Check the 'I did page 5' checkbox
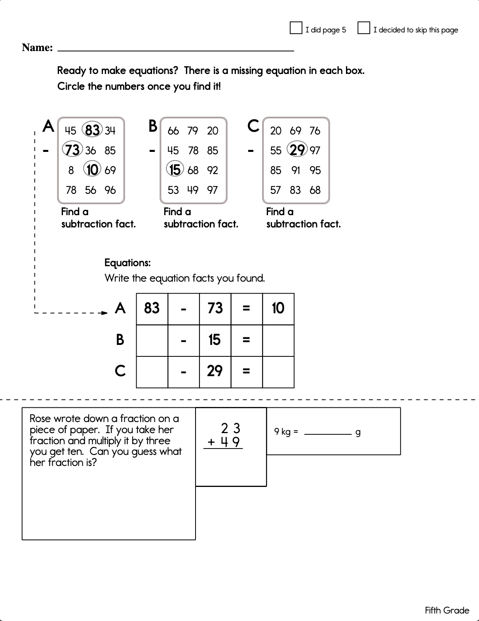[x=296, y=28]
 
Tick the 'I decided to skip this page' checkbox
[x=363, y=28]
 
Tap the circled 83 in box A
[x=92, y=130]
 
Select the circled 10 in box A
[x=92, y=170]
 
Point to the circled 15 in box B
[x=175, y=170]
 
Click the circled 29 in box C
[x=297, y=150]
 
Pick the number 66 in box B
[x=173, y=131]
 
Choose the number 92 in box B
[x=213, y=170]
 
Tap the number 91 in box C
[x=295, y=170]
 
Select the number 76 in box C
[x=315, y=131]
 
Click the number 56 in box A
[x=91, y=190]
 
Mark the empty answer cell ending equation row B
[x=278, y=340]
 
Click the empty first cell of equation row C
[x=152, y=372]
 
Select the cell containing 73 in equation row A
[x=215, y=309]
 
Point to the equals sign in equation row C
[x=246, y=371]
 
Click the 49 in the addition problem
[x=230, y=442]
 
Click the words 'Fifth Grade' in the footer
[x=447, y=610]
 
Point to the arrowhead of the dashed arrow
[x=105, y=313]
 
